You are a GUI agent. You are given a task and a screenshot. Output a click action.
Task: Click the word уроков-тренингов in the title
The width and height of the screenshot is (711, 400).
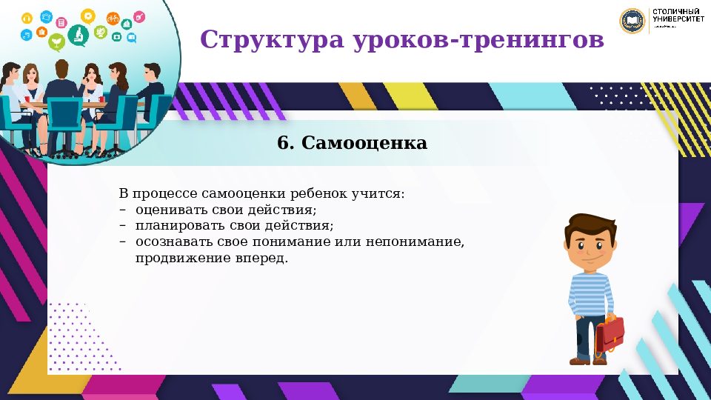pos(474,39)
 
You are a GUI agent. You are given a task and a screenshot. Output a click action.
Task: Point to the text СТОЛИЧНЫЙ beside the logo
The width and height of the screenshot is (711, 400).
pos(676,12)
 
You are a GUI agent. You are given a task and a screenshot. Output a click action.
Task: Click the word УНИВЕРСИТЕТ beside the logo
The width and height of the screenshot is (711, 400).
pos(678,21)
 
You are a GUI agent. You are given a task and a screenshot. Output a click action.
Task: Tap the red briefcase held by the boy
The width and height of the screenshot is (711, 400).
pos(610,333)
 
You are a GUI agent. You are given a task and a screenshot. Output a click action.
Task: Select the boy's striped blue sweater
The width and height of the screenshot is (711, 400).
pos(591,293)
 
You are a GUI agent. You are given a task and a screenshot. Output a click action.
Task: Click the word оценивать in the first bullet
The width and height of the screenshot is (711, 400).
pos(164,210)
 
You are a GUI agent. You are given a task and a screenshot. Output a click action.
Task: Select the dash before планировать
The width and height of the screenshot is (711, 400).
pos(122,225)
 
